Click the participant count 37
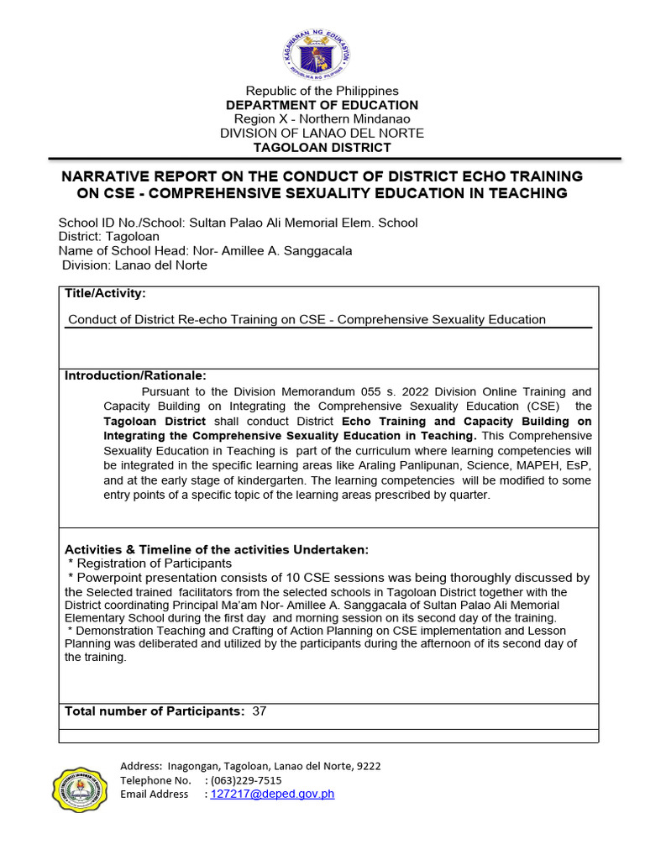[260, 711]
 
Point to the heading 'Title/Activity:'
[105, 293]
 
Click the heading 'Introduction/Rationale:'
[135, 375]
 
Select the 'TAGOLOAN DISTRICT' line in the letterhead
[322, 148]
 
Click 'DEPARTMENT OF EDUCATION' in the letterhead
[322, 105]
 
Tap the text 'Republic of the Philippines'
[322, 91]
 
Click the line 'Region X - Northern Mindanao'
[322, 119]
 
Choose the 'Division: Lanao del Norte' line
[134, 265]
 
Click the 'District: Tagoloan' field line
[103, 237]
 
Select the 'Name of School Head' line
[205, 251]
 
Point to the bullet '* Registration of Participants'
[149, 564]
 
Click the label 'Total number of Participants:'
[155, 711]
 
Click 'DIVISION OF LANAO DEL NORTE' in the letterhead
[322, 134]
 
